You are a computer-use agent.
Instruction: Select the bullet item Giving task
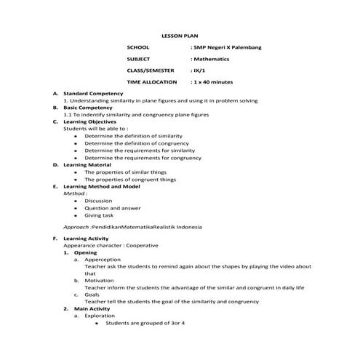tap(99, 215)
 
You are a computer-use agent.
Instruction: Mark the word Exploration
tap(100, 316)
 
